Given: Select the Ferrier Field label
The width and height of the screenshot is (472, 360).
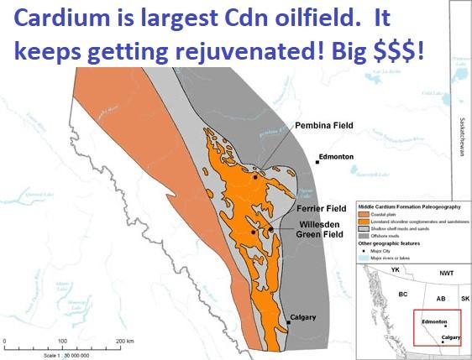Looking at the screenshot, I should click(321, 208).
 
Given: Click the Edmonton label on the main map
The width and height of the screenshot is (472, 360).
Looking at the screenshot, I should click(336, 157).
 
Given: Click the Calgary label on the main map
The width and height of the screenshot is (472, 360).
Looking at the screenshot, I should click(305, 317).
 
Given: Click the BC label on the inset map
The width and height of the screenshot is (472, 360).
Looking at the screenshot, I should click(402, 295).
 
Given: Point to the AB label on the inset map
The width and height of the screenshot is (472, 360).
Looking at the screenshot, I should click(438, 298).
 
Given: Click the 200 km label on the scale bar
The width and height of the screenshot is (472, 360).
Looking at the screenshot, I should click(124, 341).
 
